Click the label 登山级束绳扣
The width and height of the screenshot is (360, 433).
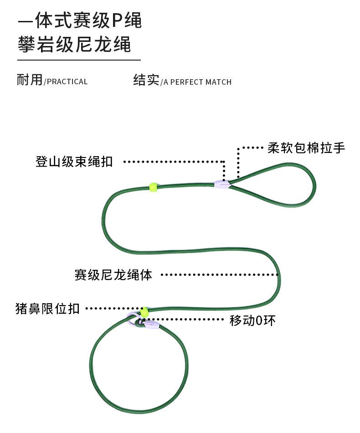tap(74, 162)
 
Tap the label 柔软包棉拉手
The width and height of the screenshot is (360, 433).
tap(306, 148)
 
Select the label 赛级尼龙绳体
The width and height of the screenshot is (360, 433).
tap(113, 275)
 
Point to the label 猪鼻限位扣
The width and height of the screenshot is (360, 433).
tap(47, 309)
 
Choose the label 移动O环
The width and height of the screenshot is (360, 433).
tap(252, 321)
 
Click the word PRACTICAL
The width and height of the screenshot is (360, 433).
tap(67, 82)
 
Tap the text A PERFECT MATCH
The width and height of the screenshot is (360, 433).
tap(197, 82)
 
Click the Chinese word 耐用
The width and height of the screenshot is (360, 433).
tap(30, 80)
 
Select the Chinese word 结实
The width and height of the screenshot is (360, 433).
tap(146, 80)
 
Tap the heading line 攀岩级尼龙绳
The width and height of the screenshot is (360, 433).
tap(74, 45)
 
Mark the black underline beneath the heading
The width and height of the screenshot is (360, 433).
tap(79, 60)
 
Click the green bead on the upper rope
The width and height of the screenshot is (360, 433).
tap(153, 186)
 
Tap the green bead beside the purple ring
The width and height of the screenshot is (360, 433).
tap(144, 312)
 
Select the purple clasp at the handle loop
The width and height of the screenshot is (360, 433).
tap(222, 184)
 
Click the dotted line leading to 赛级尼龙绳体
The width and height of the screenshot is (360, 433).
tap(219, 275)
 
